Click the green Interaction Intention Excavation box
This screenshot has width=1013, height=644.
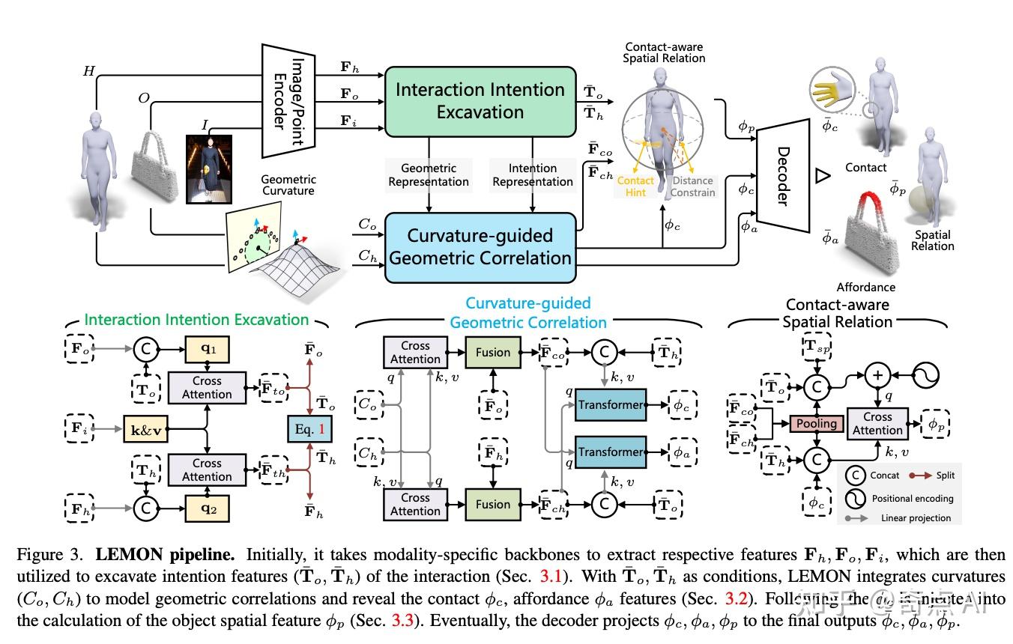(x=480, y=101)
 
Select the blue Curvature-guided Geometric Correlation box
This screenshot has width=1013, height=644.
(x=480, y=247)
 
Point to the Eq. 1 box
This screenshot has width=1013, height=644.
(x=309, y=430)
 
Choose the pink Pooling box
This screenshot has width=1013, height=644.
(x=816, y=424)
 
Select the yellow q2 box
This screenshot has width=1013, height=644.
(x=207, y=509)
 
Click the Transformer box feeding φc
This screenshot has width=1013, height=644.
(x=611, y=405)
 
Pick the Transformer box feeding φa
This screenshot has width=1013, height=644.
(x=611, y=452)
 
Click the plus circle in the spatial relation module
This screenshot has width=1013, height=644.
(x=877, y=374)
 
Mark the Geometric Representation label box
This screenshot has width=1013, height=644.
(x=428, y=174)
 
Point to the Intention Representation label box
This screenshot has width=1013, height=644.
(x=533, y=174)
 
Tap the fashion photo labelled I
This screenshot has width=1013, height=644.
(x=208, y=168)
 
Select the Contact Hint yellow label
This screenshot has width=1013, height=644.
(x=635, y=186)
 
